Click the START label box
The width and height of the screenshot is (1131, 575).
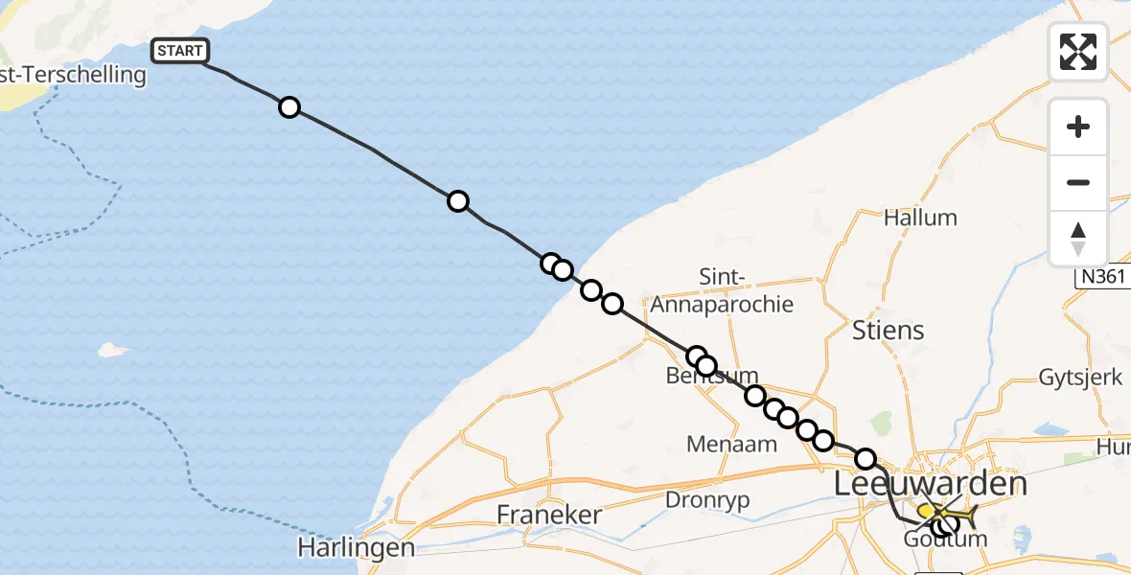point(179,51)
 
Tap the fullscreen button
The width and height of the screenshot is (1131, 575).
point(1078,52)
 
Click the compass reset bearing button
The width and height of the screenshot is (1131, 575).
point(1078,239)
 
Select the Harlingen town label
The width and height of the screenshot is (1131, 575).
point(356,548)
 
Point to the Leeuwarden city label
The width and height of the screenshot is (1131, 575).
point(931,484)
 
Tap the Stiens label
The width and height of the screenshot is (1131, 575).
point(889,331)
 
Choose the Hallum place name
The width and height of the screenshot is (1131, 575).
point(920,218)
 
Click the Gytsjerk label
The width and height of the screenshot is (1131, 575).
point(1080,377)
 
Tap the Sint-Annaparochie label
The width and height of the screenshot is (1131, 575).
point(722,291)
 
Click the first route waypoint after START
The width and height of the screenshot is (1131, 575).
point(289,107)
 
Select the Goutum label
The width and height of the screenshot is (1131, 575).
point(945,540)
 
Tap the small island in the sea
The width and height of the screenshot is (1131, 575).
point(113,350)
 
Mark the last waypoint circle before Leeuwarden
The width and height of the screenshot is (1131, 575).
point(866,459)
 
